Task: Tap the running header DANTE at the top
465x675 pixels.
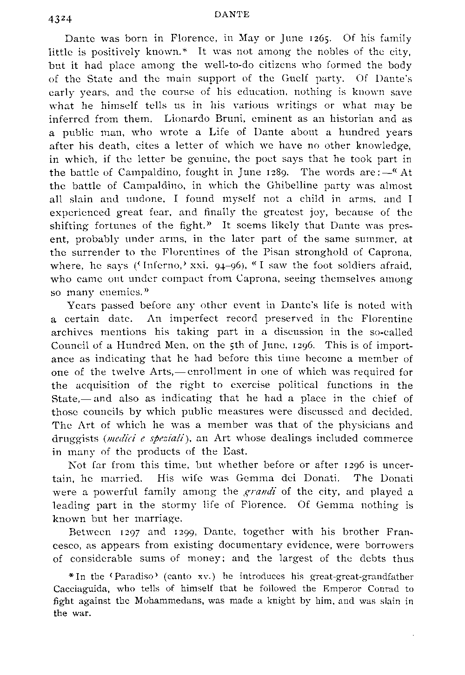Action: click(x=233, y=14)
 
